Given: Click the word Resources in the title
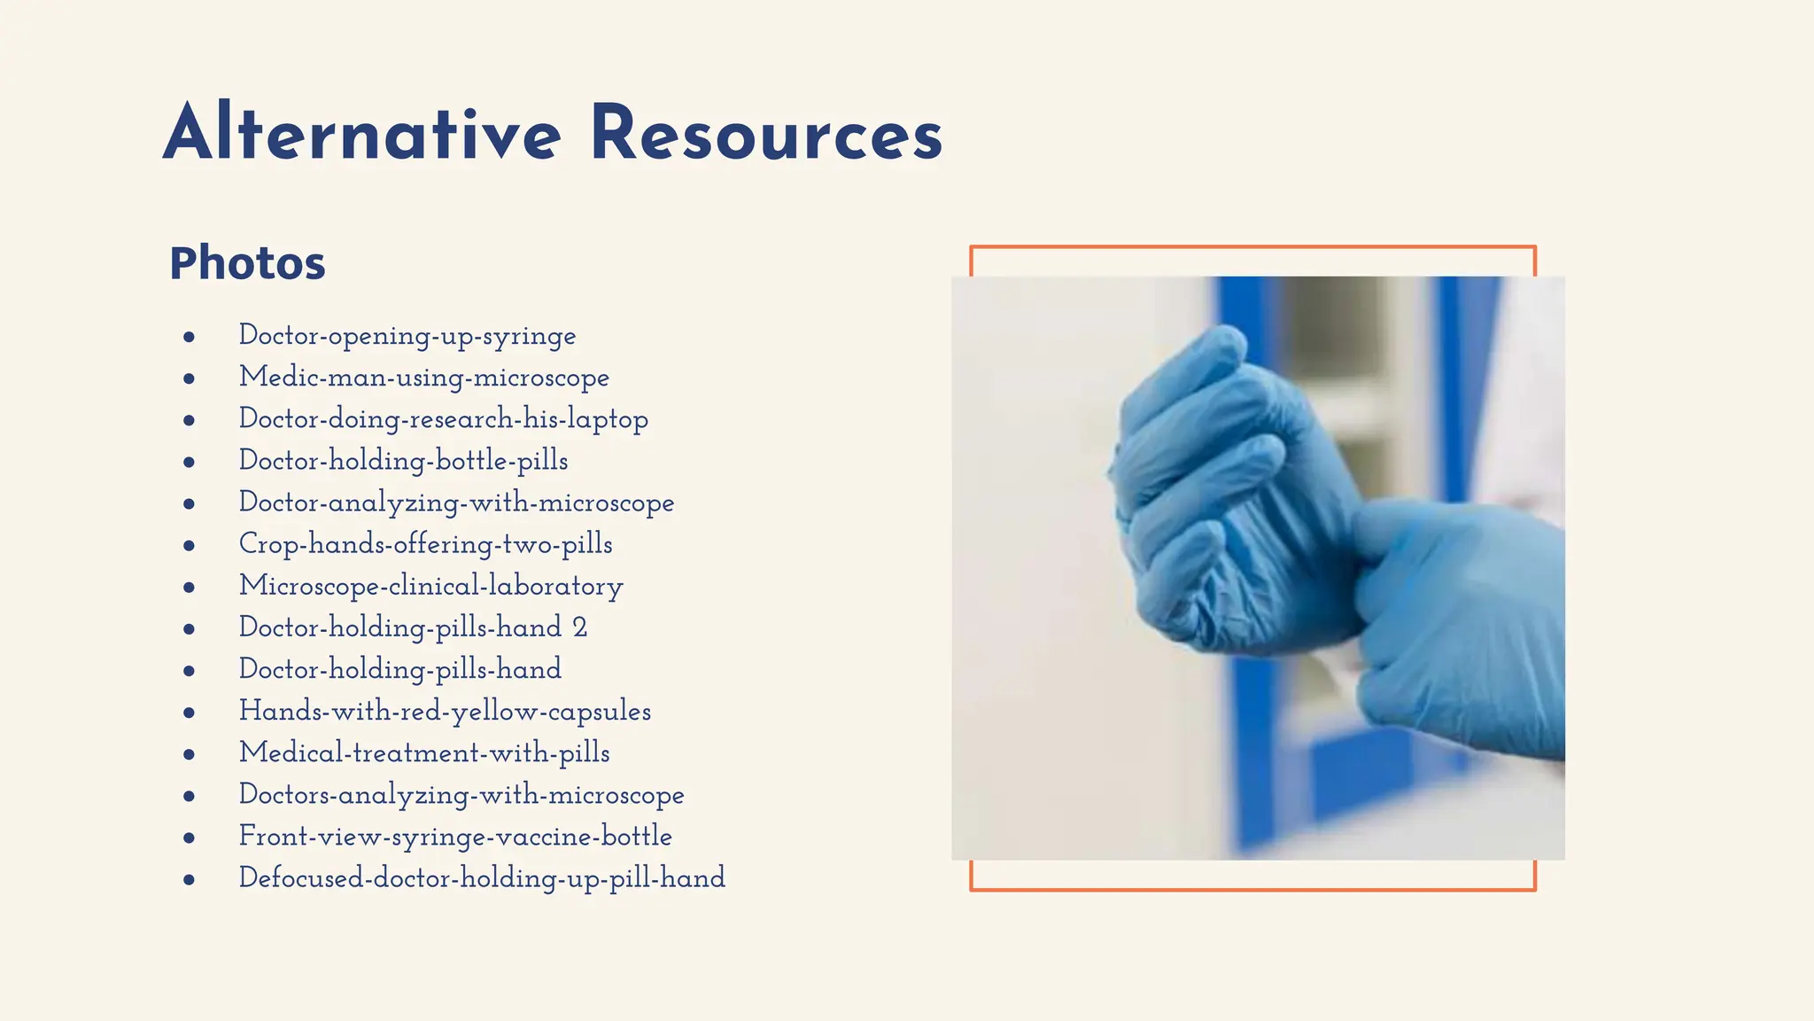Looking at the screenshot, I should point(765,135).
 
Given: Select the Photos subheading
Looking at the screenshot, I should point(247,263).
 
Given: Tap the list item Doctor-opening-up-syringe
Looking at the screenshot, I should point(407,336).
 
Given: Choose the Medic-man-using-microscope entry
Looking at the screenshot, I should point(423,378).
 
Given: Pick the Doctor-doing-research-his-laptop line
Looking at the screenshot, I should point(443,419).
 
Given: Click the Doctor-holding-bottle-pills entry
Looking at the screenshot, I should point(403,461).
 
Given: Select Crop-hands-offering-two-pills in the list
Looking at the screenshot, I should point(425,544).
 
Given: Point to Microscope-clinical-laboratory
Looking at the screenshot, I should point(430,586).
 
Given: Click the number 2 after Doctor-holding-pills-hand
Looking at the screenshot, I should point(579,627).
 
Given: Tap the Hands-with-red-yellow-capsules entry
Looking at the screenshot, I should point(445,711).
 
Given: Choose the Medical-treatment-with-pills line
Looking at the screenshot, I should point(424,752).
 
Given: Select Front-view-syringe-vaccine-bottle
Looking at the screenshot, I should point(455,836).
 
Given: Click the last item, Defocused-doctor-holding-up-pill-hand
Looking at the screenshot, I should point(482,877).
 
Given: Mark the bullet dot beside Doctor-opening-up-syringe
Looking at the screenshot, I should point(189,337).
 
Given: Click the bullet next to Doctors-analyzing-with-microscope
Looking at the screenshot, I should point(189,796).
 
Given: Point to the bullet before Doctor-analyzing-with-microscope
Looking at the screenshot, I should point(189,503).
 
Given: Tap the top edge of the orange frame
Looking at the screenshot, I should point(1252,247).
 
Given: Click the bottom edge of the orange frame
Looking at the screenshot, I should point(1252,888).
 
